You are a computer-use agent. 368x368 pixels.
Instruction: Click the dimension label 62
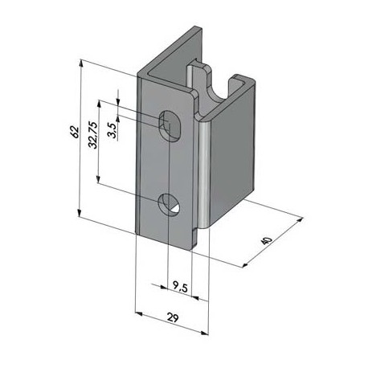tap(72, 132)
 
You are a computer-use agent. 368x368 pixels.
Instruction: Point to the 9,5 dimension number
tap(182, 284)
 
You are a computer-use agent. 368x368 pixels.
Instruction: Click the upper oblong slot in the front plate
tap(170, 125)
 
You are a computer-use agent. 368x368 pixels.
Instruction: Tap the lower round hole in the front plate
tap(170, 205)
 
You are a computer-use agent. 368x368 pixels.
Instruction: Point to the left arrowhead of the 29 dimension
tap(137, 310)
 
